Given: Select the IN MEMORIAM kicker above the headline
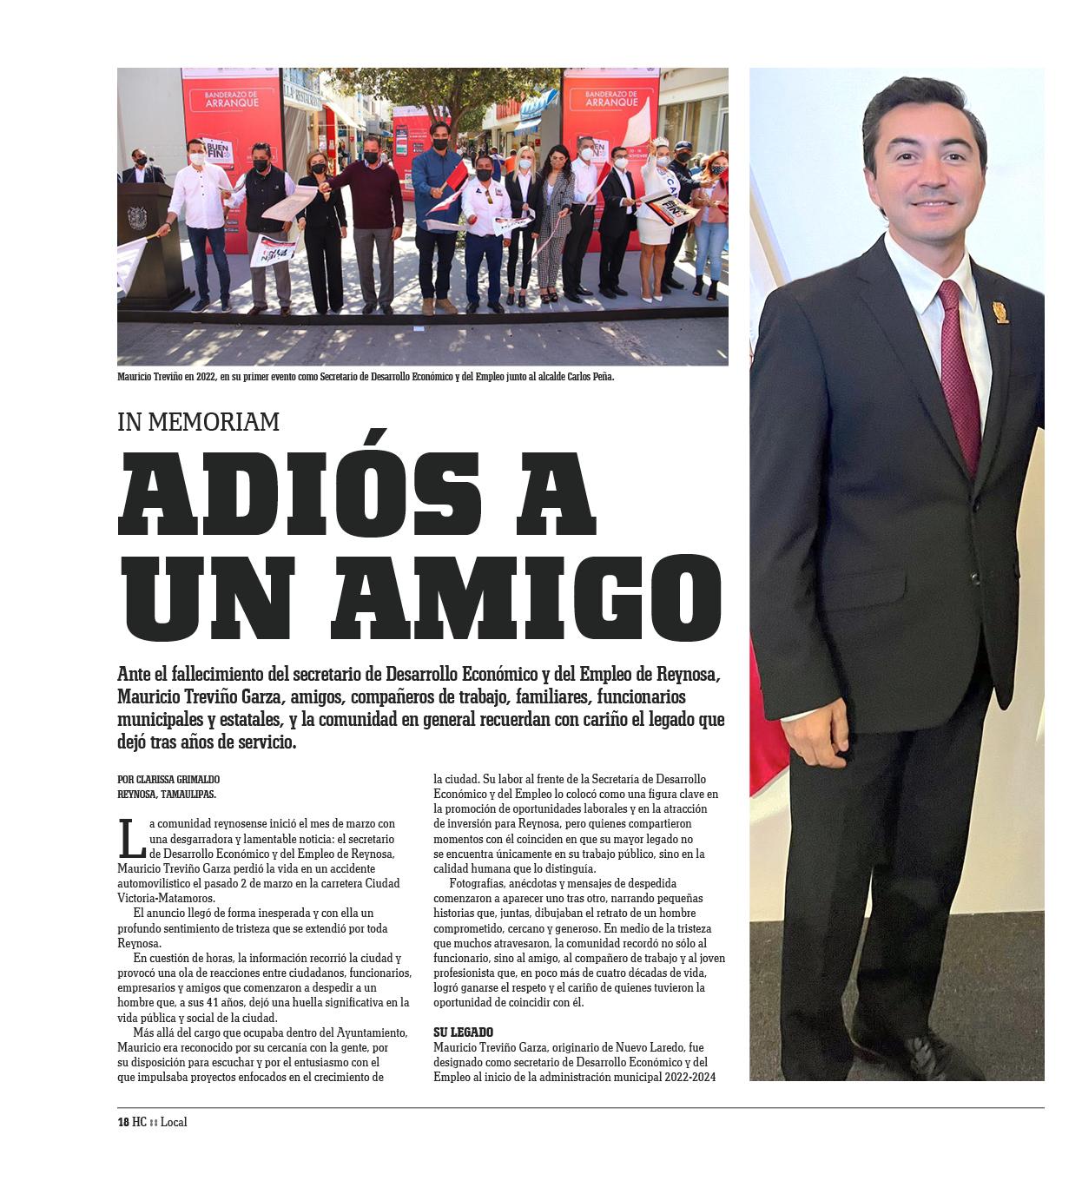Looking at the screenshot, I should pos(198,422).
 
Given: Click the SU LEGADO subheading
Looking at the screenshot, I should pos(463,1032).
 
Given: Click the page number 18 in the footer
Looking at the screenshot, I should pos(122,1122).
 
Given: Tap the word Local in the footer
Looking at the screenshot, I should pos(174,1122).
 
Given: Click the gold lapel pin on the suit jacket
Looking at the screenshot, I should pos(1000,312).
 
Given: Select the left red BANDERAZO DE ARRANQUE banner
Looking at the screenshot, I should pos(232,113).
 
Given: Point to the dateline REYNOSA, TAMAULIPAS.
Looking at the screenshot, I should pos(167,795).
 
